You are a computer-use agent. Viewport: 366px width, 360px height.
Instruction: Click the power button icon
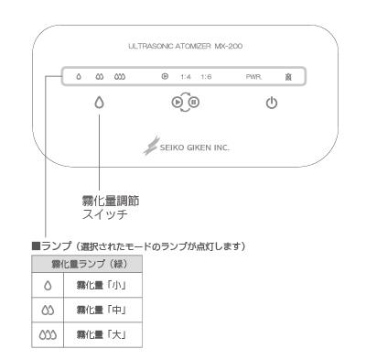[x=272, y=103]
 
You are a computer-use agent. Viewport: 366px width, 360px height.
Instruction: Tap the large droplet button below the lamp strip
[x=99, y=103]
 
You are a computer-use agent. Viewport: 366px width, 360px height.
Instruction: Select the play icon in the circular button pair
[x=177, y=102]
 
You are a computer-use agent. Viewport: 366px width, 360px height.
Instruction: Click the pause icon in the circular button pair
[x=194, y=102]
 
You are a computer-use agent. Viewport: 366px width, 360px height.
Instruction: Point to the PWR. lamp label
[x=253, y=77]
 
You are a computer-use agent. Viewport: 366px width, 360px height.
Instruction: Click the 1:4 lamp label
[x=186, y=77]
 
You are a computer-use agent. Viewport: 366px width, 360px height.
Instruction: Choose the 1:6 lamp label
[x=206, y=77]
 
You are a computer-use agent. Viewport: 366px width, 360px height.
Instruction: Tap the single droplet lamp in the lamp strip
[x=79, y=77]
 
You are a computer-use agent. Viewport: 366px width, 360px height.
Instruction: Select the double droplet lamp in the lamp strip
[x=100, y=77]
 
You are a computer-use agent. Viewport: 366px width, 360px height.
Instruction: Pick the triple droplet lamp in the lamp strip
[x=120, y=77]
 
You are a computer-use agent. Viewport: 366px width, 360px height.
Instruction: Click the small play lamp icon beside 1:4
[x=165, y=76]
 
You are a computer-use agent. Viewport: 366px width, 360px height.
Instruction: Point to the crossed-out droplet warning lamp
[x=288, y=77]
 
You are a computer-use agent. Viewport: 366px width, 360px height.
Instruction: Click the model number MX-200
[x=229, y=46]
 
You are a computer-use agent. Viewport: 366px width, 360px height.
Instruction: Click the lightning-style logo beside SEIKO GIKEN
[x=152, y=146]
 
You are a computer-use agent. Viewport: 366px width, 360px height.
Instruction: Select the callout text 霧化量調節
[x=111, y=201]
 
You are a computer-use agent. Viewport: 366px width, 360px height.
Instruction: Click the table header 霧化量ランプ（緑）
[x=89, y=264]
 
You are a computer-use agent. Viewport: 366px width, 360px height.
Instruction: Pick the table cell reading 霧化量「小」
[x=102, y=285]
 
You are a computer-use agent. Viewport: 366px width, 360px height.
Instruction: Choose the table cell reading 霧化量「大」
[x=102, y=334]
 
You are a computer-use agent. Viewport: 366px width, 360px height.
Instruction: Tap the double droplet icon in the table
[x=48, y=311]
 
